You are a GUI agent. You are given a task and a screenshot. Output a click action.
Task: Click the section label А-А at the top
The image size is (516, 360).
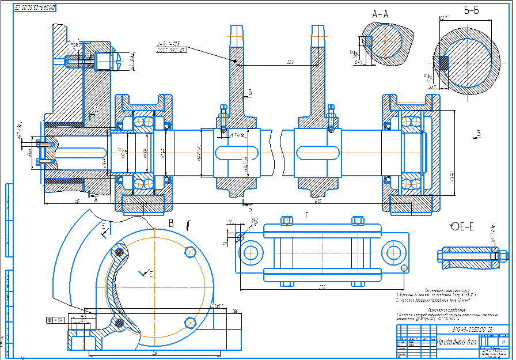point(381,14)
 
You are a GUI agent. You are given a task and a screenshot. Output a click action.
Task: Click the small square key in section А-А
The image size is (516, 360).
point(367,41)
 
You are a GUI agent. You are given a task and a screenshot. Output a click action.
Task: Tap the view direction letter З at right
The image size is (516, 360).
point(477,134)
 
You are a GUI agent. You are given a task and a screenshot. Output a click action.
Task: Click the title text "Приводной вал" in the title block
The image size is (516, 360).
point(457,340)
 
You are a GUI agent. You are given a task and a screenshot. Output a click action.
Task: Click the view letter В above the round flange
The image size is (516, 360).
point(171,222)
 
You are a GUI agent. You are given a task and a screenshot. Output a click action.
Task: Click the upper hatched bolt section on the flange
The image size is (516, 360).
point(119,252)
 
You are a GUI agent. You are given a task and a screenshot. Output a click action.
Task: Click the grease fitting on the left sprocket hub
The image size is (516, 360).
point(222,109)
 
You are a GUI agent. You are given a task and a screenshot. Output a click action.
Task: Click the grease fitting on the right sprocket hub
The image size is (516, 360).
point(331,109)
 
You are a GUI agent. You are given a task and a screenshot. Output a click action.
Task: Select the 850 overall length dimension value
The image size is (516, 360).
point(317,202)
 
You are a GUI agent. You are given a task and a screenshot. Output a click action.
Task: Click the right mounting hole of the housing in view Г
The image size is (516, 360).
point(394,253)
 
